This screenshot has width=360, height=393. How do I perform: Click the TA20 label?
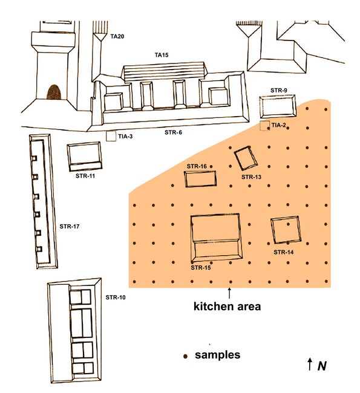pyautogui.click(x=117, y=37)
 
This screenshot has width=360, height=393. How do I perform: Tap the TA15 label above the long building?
pyautogui.click(x=162, y=55)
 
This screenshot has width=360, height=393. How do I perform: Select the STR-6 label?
pyautogui.click(x=173, y=132)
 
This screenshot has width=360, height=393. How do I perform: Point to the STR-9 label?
pyautogui.click(x=279, y=90)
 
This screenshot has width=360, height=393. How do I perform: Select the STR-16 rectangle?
pyautogui.click(x=200, y=172)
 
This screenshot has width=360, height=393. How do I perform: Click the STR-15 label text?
pyautogui.click(x=201, y=268)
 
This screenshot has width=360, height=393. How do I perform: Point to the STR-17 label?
pyautogui.click(x=69, y=227)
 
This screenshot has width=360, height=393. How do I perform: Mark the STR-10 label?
pyautogui.click(x=116, y=297)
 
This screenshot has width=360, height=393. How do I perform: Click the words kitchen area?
pyautogui.click(x=227, y=307)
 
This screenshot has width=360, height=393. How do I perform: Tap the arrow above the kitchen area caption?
pyautogui.click(x=229, y=293)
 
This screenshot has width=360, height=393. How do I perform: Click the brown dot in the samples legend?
pyautogui.click(x=185, y=356)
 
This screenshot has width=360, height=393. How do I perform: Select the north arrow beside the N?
pyautogui.click(x=310, y=364)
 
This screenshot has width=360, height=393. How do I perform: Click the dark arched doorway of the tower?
pyautogui.click(x=54, y=93)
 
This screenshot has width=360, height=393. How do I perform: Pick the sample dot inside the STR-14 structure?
pyautogui.click(x=288, y=224)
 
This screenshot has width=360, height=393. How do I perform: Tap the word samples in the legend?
pyautogui.click(x=217, y=355)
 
